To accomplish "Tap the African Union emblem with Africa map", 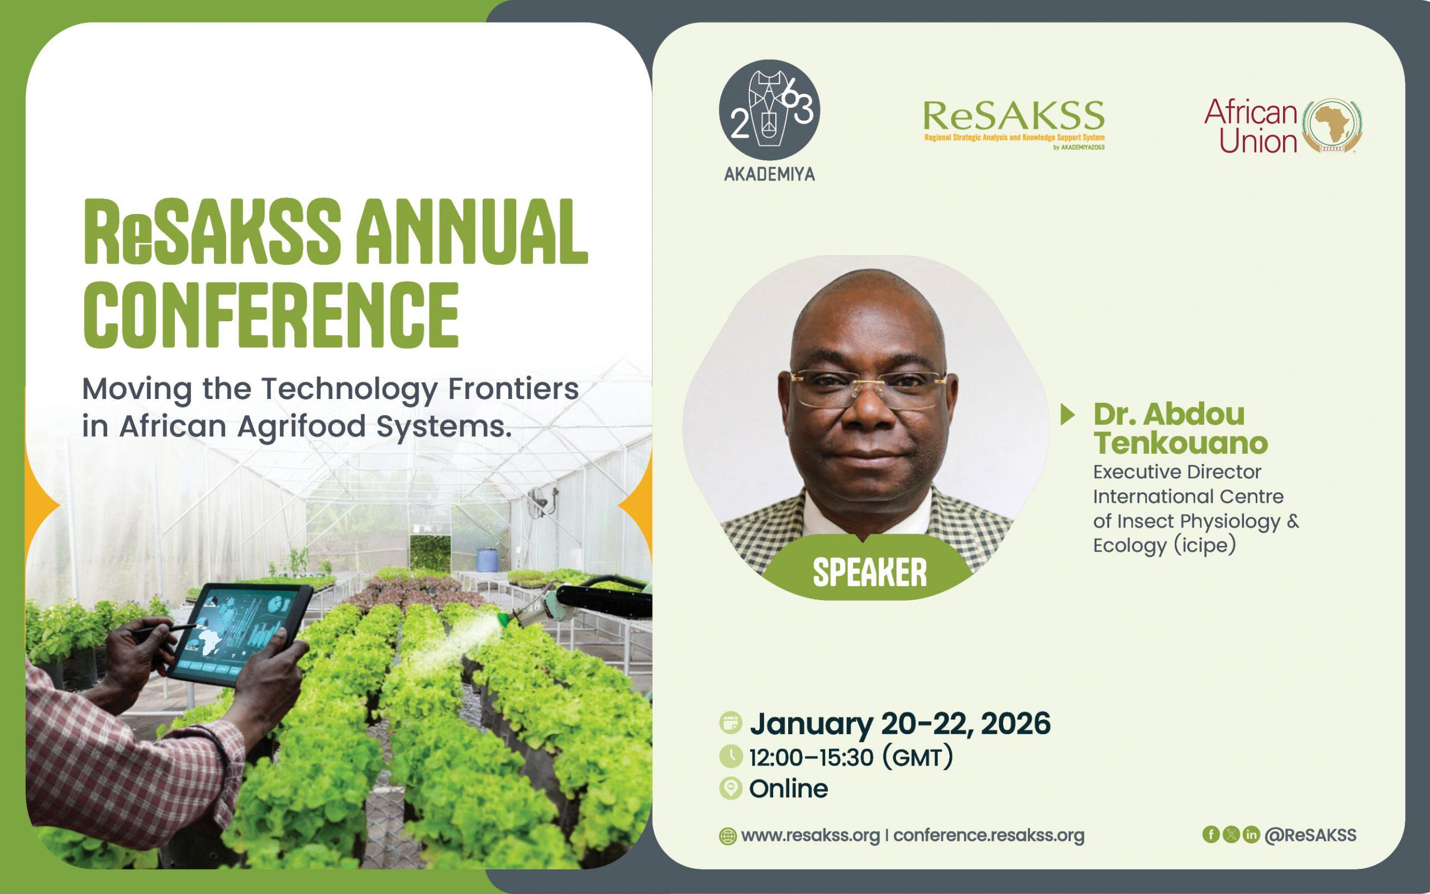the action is tap(1334, 126).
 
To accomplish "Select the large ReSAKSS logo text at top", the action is tap(1013, 116).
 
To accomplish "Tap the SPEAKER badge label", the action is tap(869, 572).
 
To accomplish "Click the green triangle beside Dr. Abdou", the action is tap(1067, 415).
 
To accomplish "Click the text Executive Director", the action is tap(1177, 472).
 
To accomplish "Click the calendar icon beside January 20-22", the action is tap(731, 723).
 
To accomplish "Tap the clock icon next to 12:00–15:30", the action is tap(731, 757).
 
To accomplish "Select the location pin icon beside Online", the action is tap(731, 789).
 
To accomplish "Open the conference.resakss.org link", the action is tap(989, 835).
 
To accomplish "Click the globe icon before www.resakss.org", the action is tap(727, 836).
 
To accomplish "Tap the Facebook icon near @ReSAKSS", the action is tap(1211, 834).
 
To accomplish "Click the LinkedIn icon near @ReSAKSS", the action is tap(1250, 834).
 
